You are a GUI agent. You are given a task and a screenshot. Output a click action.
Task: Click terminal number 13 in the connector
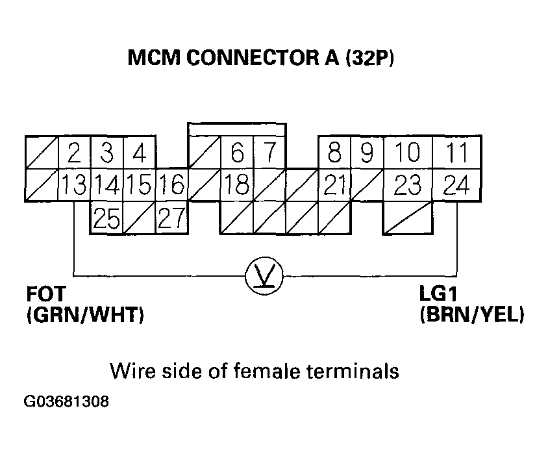tap(75, 186)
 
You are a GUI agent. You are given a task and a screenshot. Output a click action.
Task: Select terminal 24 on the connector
tap(458, 186)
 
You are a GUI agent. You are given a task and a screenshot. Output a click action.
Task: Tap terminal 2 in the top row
tap(75, 154)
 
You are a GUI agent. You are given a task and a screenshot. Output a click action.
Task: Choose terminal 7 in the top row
tap(269, 154)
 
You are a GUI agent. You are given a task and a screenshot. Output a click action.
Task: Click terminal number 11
tap(458, 154)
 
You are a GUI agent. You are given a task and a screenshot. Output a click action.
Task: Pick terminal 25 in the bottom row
tap(106, 218)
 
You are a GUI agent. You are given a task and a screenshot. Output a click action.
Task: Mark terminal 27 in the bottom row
tap(171, 218)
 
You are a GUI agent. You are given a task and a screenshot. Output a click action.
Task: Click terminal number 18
tap(236, 186)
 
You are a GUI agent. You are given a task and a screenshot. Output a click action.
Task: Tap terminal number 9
tap(367, 154)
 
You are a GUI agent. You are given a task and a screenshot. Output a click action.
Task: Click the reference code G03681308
tap(67, 402)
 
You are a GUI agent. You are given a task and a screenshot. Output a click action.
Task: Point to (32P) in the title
tap(370, 59)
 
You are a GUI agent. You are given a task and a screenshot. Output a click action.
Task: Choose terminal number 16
tap(171, 186)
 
